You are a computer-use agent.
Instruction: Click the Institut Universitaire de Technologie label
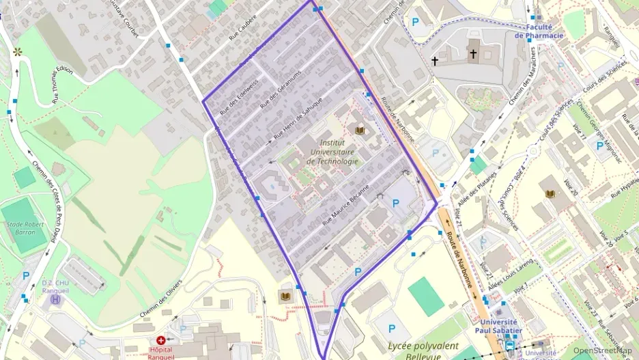click(x=332, y=152)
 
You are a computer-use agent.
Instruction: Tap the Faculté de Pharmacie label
click(x=539, y=31)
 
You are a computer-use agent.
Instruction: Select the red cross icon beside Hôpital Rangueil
click(x=161, y=340)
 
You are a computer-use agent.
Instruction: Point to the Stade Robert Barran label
click(x=26, y=227)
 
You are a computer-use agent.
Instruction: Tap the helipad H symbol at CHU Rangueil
click(x=56, y=299)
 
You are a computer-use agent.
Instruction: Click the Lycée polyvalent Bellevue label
click(x=420, y=350)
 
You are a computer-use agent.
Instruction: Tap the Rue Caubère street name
click(x=243, y=28)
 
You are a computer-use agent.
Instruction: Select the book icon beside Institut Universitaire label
click(x=360, y=130)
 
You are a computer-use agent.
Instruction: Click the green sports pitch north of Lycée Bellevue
click(x=426, y=296)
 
